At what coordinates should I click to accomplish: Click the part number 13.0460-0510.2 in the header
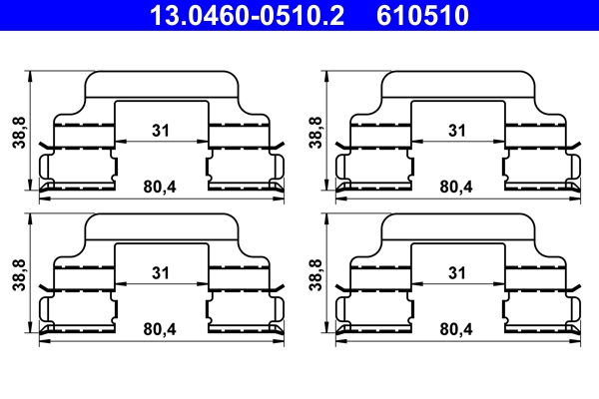247,15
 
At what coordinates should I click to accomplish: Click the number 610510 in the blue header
422,15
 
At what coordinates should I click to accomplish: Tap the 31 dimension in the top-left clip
161,131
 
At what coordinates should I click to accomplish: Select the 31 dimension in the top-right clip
457,131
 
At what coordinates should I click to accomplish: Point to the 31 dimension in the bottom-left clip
161,273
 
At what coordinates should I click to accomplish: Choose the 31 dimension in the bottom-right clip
457,273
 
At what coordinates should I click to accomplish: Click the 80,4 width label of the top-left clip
160,187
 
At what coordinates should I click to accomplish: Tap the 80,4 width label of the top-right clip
456,187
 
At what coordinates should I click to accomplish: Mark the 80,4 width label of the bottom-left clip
160,329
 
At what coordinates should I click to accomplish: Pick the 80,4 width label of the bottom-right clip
456,329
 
